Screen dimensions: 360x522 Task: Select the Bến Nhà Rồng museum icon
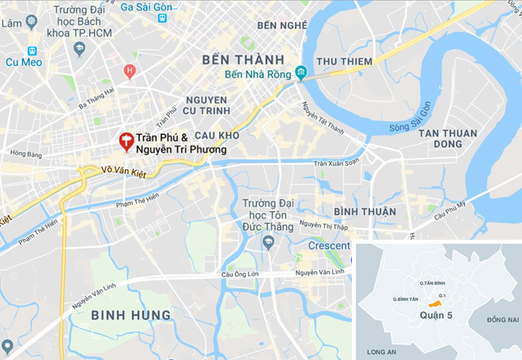301,74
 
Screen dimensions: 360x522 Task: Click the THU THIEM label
344,62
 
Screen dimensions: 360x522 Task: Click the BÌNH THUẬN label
365,211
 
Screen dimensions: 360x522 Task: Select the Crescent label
327,246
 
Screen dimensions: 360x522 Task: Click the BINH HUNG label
130,315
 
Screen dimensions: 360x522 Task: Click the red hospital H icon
130,71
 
